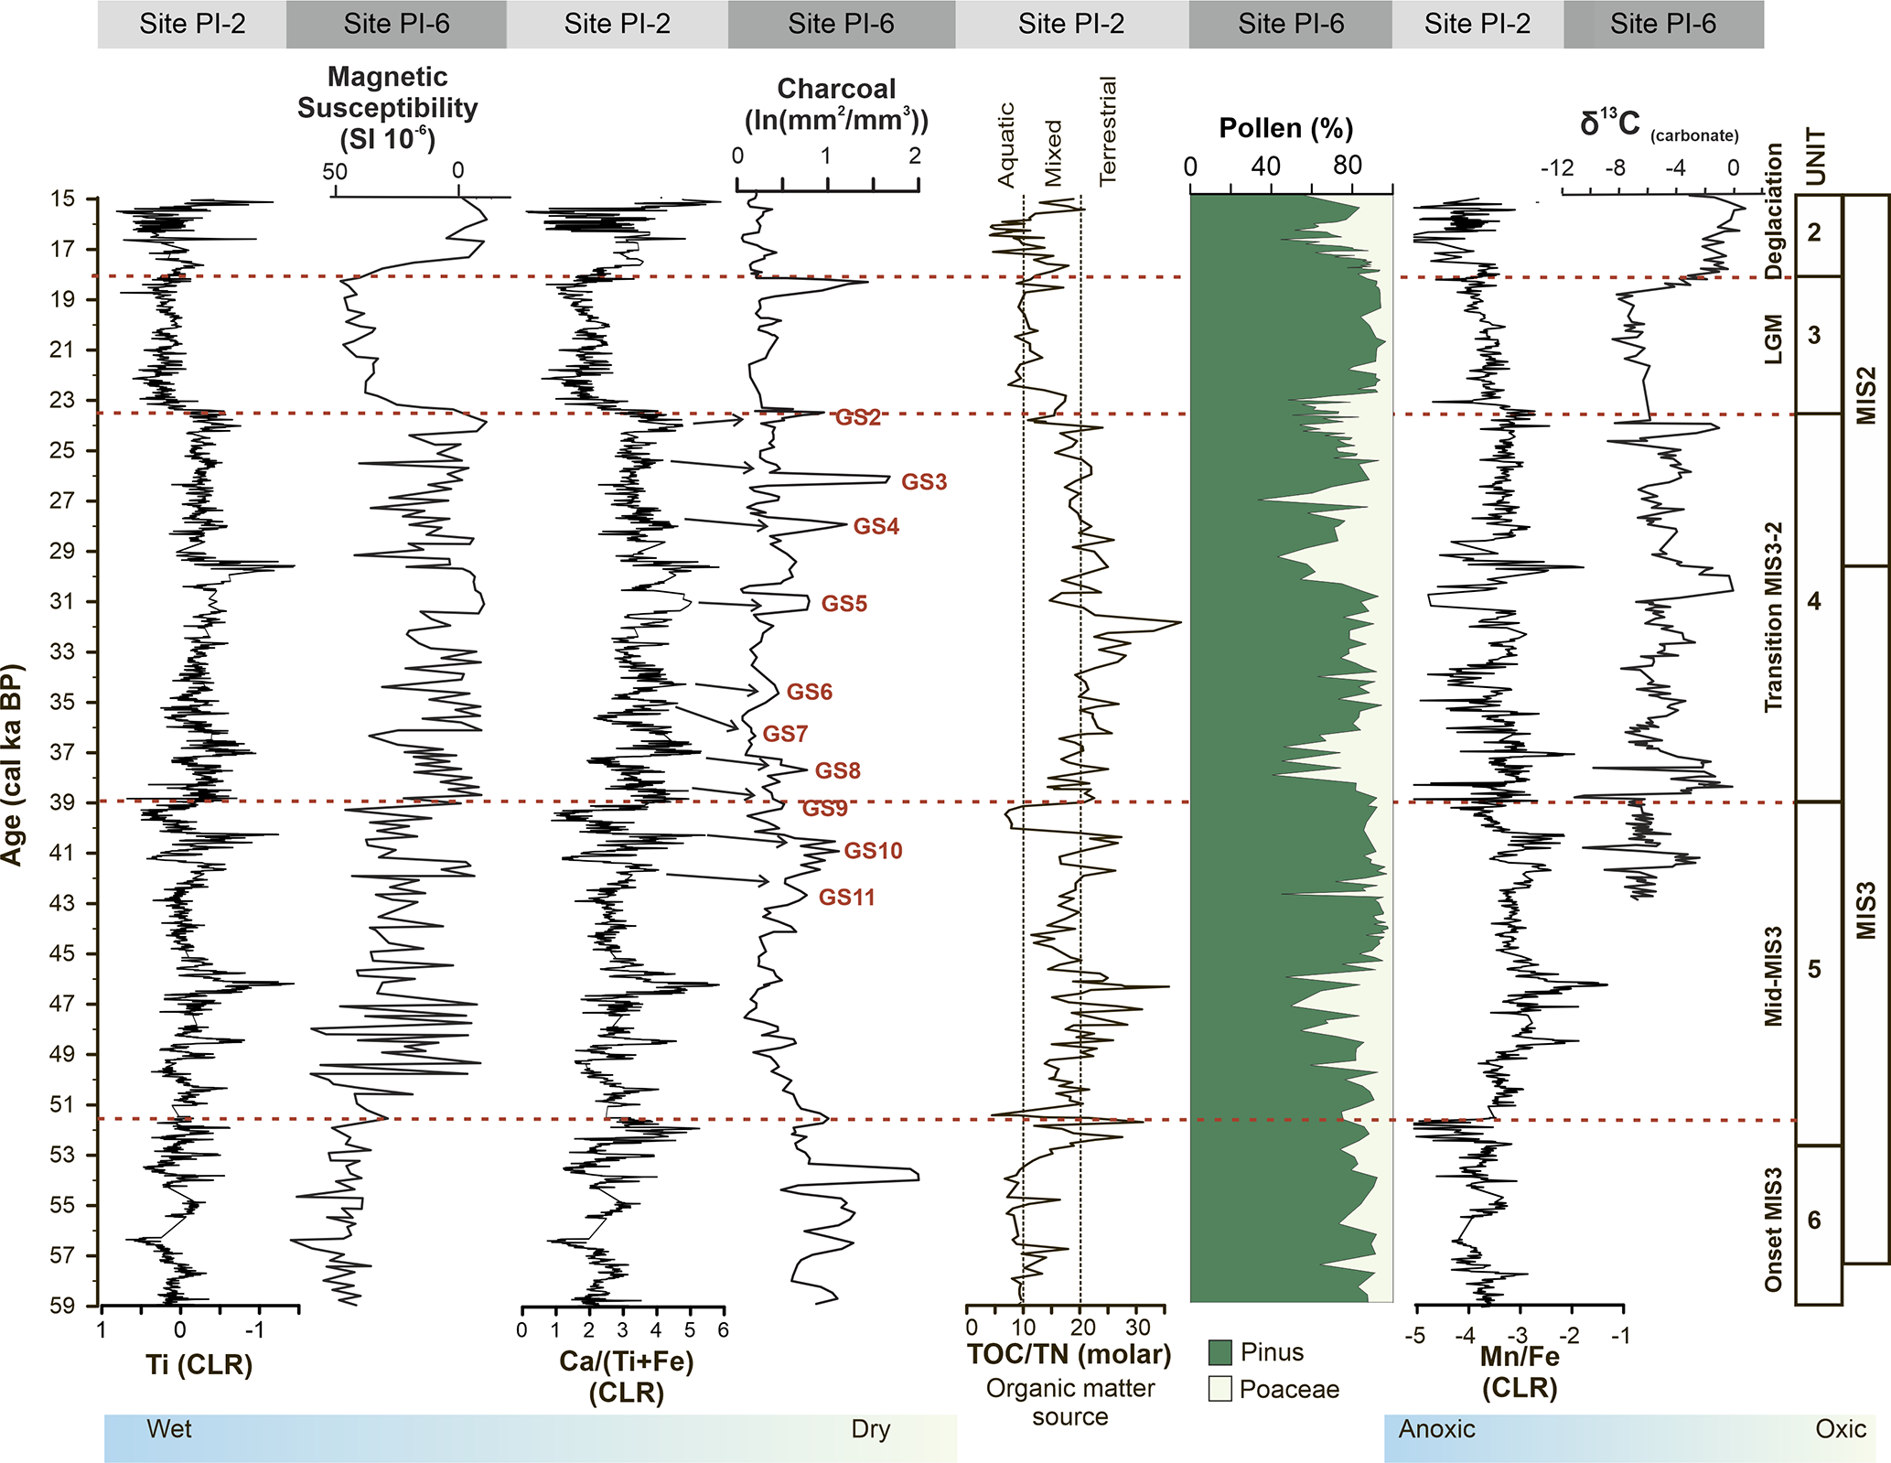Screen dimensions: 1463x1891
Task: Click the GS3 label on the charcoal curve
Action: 924,482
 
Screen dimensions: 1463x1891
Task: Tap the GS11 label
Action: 846,898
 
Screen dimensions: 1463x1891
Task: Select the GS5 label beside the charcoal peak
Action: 843,604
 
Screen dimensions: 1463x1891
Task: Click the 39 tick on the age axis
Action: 62,802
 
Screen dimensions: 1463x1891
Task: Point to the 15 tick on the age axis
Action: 62,199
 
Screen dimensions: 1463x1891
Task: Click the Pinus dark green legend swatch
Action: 1219,1352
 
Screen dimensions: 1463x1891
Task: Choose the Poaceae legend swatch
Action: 1219,1389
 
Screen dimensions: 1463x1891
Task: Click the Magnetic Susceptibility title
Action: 387,107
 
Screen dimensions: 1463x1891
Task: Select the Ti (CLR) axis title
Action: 199,1364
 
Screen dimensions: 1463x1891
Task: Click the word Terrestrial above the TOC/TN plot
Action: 1108,131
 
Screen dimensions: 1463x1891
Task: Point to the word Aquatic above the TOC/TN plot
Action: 1005,145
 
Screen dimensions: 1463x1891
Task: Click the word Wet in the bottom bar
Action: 169,1429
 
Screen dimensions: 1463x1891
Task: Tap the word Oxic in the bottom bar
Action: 1840,1429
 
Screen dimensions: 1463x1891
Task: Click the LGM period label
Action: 1774,339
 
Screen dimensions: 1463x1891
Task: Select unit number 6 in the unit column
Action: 1814,1220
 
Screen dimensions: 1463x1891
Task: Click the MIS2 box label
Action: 1865,395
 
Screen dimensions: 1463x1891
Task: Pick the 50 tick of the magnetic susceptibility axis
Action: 335,171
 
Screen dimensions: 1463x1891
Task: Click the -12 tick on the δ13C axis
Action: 1557,168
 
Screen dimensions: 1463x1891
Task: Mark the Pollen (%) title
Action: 1285,128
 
